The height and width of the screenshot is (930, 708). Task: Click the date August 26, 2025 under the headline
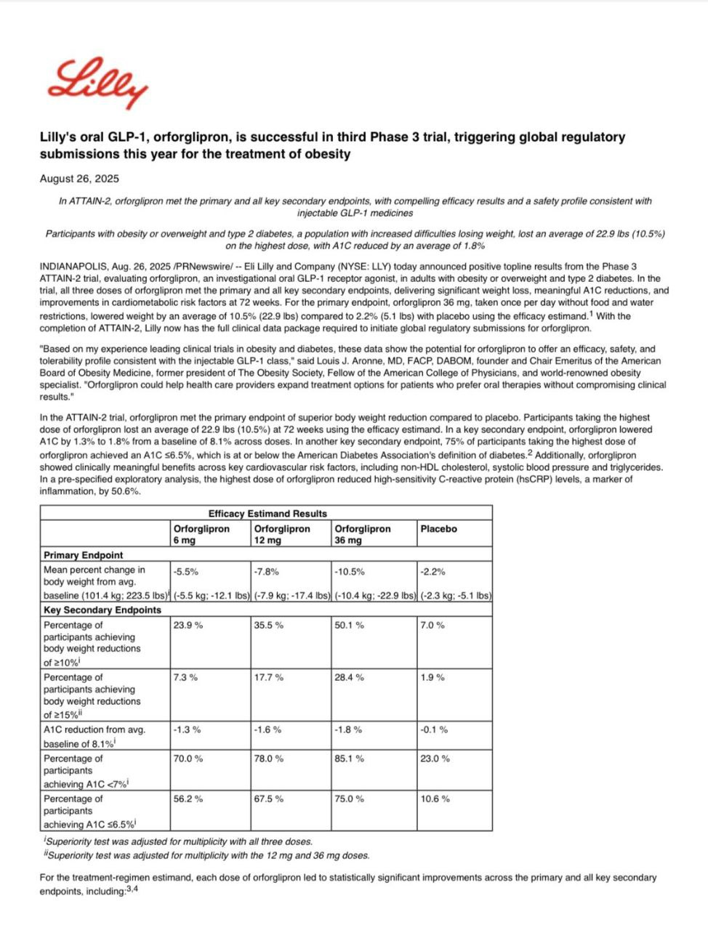click(79, 179)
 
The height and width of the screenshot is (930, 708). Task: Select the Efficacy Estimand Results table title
click(267, 514)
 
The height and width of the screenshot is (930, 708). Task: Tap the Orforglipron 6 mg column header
click(201, 534)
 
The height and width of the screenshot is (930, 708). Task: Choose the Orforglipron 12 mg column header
click(282, 534)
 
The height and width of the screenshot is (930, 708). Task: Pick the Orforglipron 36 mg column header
click(363, 534)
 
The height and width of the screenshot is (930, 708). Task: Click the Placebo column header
click(439, 529)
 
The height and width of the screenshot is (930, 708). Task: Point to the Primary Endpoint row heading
click(84, 555)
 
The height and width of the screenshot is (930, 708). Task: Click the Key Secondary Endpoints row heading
click(102, 610)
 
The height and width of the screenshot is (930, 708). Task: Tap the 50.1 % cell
click(350, 625)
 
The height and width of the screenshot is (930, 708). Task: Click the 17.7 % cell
click(269, 677)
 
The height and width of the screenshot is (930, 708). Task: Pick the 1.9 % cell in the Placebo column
click(433, 677)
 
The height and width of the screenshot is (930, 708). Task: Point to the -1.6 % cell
click(267, 729)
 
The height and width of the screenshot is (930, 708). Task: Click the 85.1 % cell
click(350, 759)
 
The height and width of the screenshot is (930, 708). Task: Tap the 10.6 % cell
click(435, 798)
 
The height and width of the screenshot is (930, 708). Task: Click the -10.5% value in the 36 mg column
click(350, 572)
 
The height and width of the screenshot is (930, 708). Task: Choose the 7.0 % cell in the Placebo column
click(433, 625)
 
